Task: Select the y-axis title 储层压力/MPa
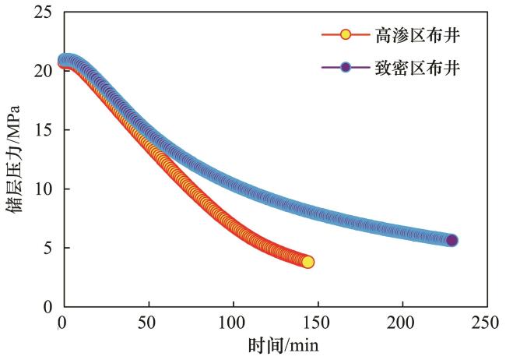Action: [x=16, y=160]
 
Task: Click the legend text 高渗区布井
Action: [x=418, y=36]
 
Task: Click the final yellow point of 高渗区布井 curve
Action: [x=307, y=262]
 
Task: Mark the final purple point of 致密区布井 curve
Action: [x=452, y=240]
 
